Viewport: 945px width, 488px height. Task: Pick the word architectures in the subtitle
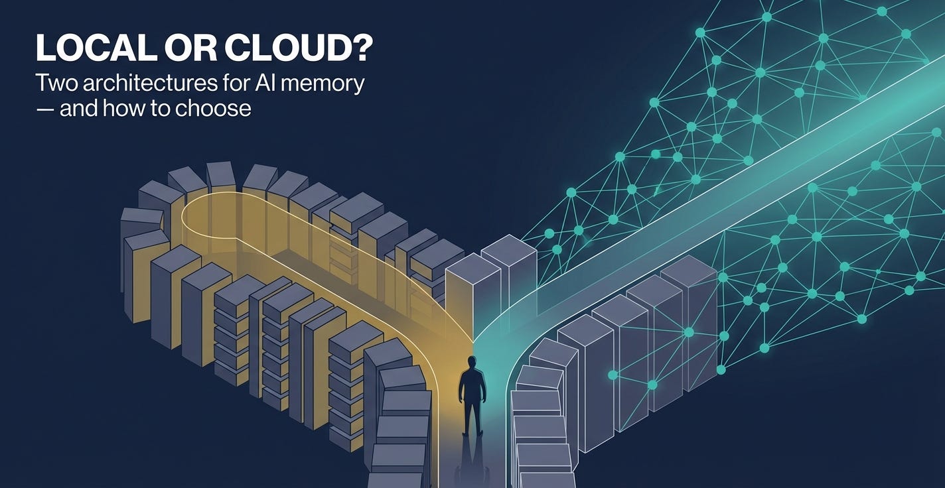click(144, 84)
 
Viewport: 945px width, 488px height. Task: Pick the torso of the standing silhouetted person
click(472, 385)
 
